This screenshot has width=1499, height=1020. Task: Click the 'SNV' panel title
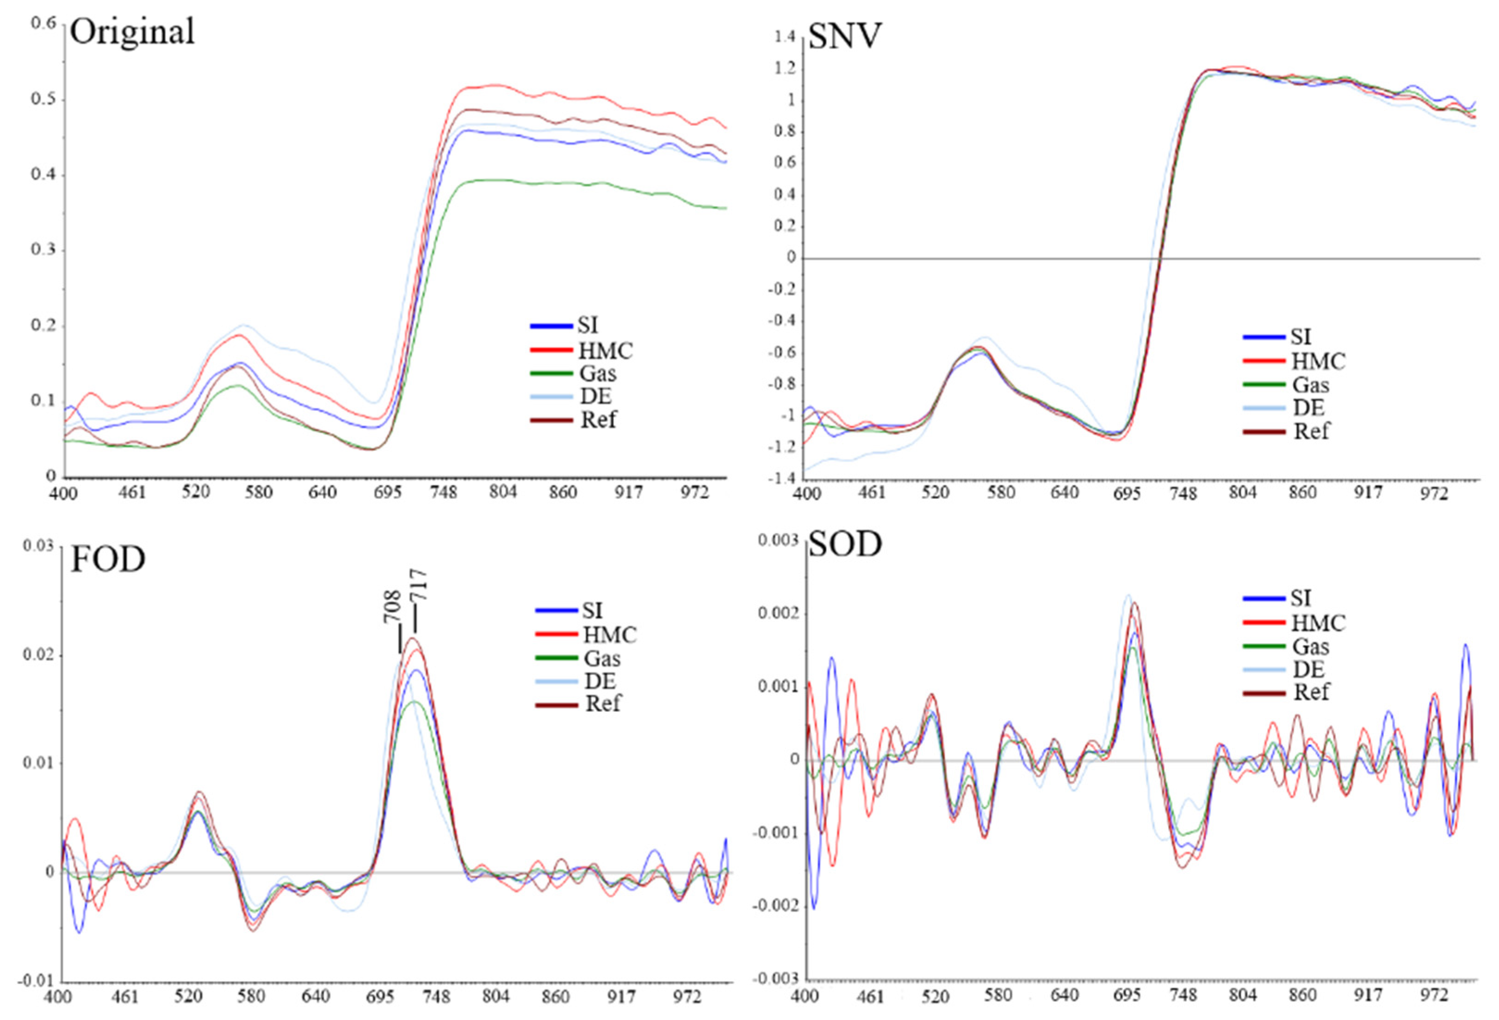pyautogui.click(x=844, y=36)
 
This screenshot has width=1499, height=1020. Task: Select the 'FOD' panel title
pyautogui.click(x=108, y=559)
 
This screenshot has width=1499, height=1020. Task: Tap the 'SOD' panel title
pyautogui.click(x=844, y=545)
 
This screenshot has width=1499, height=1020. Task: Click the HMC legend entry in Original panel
pyautogui.click(x=605, y=350)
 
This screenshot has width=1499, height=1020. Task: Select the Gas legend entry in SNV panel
pyautogui.click(x=1310, y=385)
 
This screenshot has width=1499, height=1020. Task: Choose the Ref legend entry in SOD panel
pyautogui.click(x=1311, y=691)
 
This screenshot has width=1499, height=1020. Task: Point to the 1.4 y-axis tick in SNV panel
pyautogui.click(x=785, y=37)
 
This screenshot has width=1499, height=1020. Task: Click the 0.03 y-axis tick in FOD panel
pyautogui.click(x=38, y=546)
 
